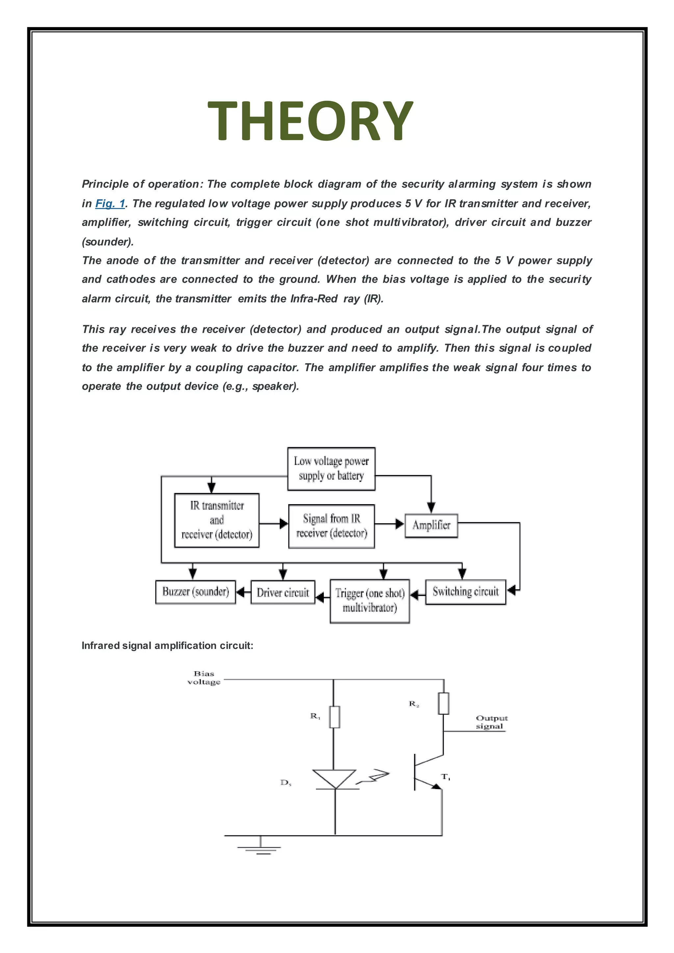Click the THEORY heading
click(x=310, y=121)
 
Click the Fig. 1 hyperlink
click(x=110, y=203)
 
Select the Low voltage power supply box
click(x=331, y=469)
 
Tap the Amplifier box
click(x=431, y=526)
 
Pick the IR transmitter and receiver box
click(x=217, y=520)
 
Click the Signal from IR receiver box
click(x=331, y=526)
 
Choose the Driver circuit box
click(x=283, y=592)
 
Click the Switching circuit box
click(x=465, y=591)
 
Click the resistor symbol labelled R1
click(x=334, y=717)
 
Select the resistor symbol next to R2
click(x=443, y=703)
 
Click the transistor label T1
click(x=446, y=777)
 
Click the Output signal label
click(x=491, y=722)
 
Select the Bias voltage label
click(x=204, y=677)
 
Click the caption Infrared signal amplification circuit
click(x=167, y=645)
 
